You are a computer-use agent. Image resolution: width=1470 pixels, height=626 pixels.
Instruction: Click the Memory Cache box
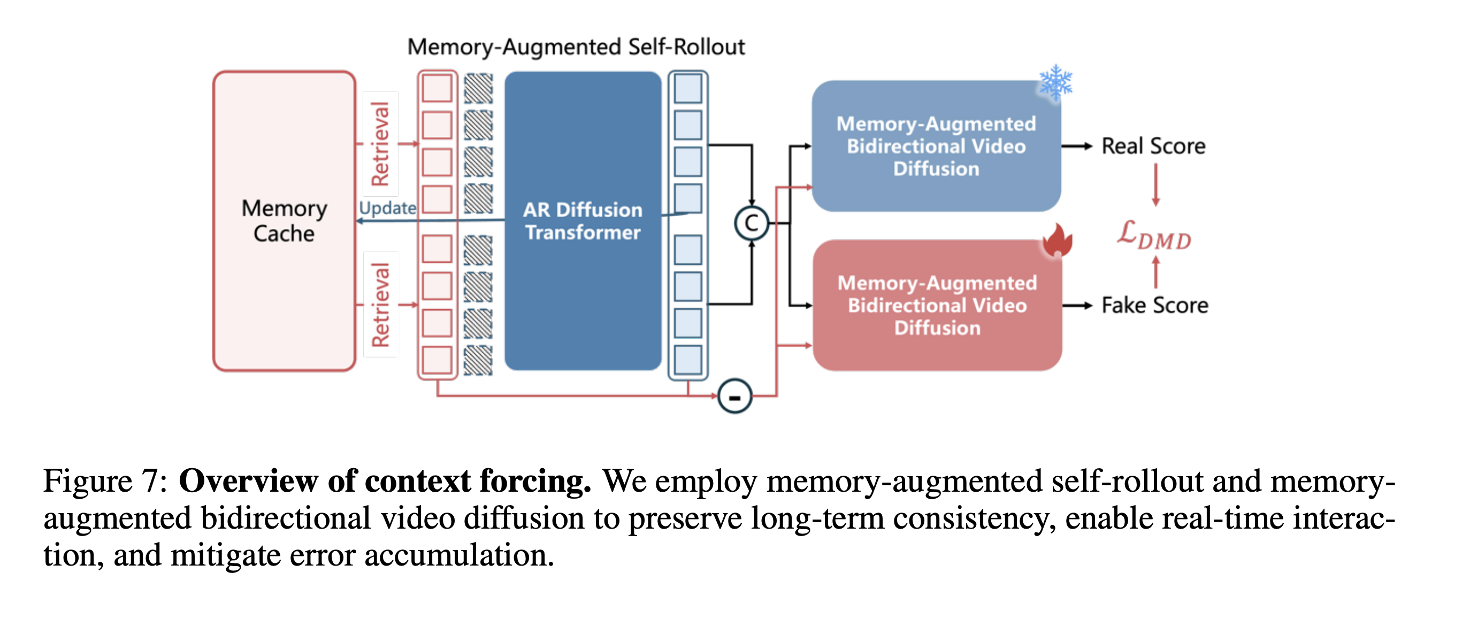point(284,221)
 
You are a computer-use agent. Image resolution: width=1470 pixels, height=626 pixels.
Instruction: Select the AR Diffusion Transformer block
point(582,221)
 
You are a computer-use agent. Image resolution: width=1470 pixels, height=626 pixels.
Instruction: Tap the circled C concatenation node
point(751,223)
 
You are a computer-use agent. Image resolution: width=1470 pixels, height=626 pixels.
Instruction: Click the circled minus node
point(734,396)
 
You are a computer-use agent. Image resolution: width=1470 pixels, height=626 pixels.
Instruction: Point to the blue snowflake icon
point(1055,82)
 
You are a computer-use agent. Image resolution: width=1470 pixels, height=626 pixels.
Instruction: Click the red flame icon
point(1057,240)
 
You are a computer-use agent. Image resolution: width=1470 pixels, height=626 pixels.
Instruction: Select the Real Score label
point(1153,146)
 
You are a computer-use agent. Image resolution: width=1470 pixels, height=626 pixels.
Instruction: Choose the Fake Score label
point(1154,306)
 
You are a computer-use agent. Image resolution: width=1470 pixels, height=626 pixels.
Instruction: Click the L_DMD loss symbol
point(1154,234)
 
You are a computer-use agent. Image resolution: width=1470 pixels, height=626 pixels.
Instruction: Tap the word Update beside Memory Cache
point(387,208)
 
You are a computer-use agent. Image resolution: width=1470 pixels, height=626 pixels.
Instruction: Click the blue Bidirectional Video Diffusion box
point(936,146)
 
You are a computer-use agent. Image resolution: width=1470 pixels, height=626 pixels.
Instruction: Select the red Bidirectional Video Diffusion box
point(937,306)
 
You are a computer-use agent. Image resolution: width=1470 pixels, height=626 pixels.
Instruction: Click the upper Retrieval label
point(380,144)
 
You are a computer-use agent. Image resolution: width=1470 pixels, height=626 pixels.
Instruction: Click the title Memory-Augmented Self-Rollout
point(576,47)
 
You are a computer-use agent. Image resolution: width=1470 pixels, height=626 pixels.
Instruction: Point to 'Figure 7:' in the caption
point(105,480)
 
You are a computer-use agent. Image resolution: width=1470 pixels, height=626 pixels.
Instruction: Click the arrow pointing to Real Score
point(1077,147)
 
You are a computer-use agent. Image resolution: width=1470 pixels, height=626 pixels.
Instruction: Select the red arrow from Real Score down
point(1155,185)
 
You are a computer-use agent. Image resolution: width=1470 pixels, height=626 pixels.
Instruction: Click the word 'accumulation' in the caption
point(459,555)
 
